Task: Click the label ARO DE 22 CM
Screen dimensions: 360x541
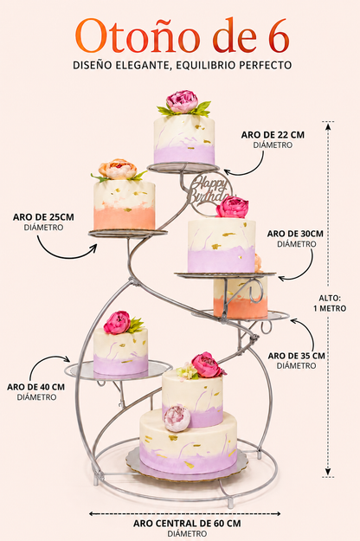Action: pos(273,135)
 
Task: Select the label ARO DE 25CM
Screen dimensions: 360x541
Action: pos(43,217)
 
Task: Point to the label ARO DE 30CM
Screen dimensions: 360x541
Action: pos(295,234)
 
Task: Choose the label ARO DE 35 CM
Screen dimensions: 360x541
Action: pos(297,356)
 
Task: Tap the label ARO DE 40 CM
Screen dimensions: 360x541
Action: pos(35,387)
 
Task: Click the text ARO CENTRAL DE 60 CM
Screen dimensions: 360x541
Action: pos(187,524)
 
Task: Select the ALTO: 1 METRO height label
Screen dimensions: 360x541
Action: pos(330,303)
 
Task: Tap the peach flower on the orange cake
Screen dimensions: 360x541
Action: pos(118,169)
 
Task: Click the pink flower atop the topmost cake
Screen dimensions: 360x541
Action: pos(182,102)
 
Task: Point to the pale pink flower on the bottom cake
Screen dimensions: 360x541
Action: pos(177,418)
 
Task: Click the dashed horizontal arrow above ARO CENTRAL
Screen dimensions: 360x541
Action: pos(185,514)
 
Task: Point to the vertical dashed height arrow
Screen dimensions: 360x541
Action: pos(328,299)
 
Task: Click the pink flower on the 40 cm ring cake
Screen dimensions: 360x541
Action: pos(117,323)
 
